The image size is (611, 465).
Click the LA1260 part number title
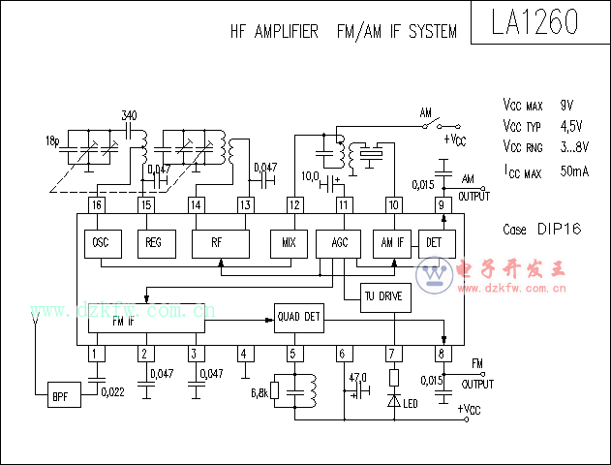[535, 23]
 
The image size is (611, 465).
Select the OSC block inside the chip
[101, 242]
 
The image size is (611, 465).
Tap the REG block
[153, 242]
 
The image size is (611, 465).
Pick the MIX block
[288, 242]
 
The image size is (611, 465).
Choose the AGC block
[338, 242]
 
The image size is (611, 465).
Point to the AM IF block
[392, 242]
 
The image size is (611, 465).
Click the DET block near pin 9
[434, 242]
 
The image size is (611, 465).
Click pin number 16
[96, 204]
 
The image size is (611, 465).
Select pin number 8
[442, 355]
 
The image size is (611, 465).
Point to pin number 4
[245, 355]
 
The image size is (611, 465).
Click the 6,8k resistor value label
[260, 392]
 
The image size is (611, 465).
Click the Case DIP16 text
[541, 231]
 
